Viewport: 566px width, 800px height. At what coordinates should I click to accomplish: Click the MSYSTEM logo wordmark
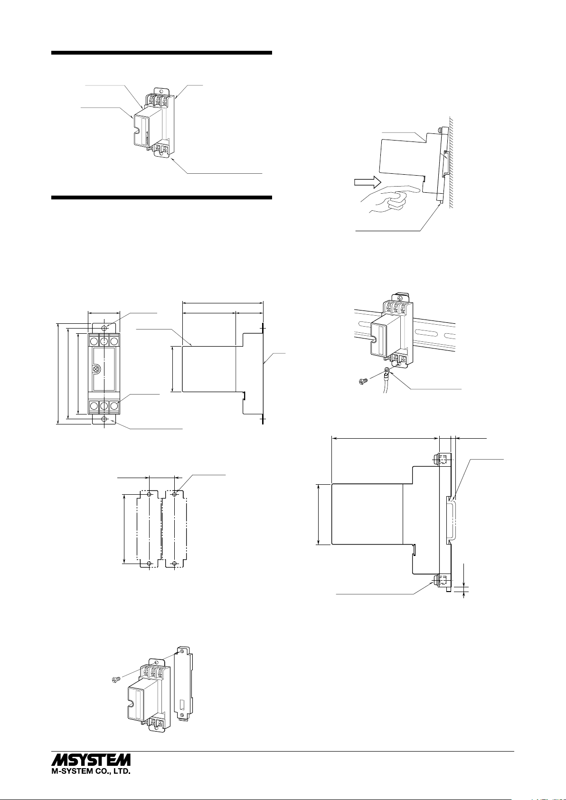(x=91, y=759)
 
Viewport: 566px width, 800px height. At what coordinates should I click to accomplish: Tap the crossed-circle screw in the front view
(x=96, y=368)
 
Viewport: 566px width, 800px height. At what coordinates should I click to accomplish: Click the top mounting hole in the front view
(x=104, y=327)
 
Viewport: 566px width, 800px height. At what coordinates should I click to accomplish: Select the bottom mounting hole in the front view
(x=104, y=419)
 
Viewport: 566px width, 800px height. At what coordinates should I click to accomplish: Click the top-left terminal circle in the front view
(x=94, y=341)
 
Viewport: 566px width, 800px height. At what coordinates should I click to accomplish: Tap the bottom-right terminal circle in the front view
(x=114, y=405)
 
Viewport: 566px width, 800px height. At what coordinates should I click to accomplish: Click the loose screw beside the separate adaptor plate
(x=113, y=680)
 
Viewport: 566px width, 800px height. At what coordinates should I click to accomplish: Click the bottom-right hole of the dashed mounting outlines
(x=175, y=564)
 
